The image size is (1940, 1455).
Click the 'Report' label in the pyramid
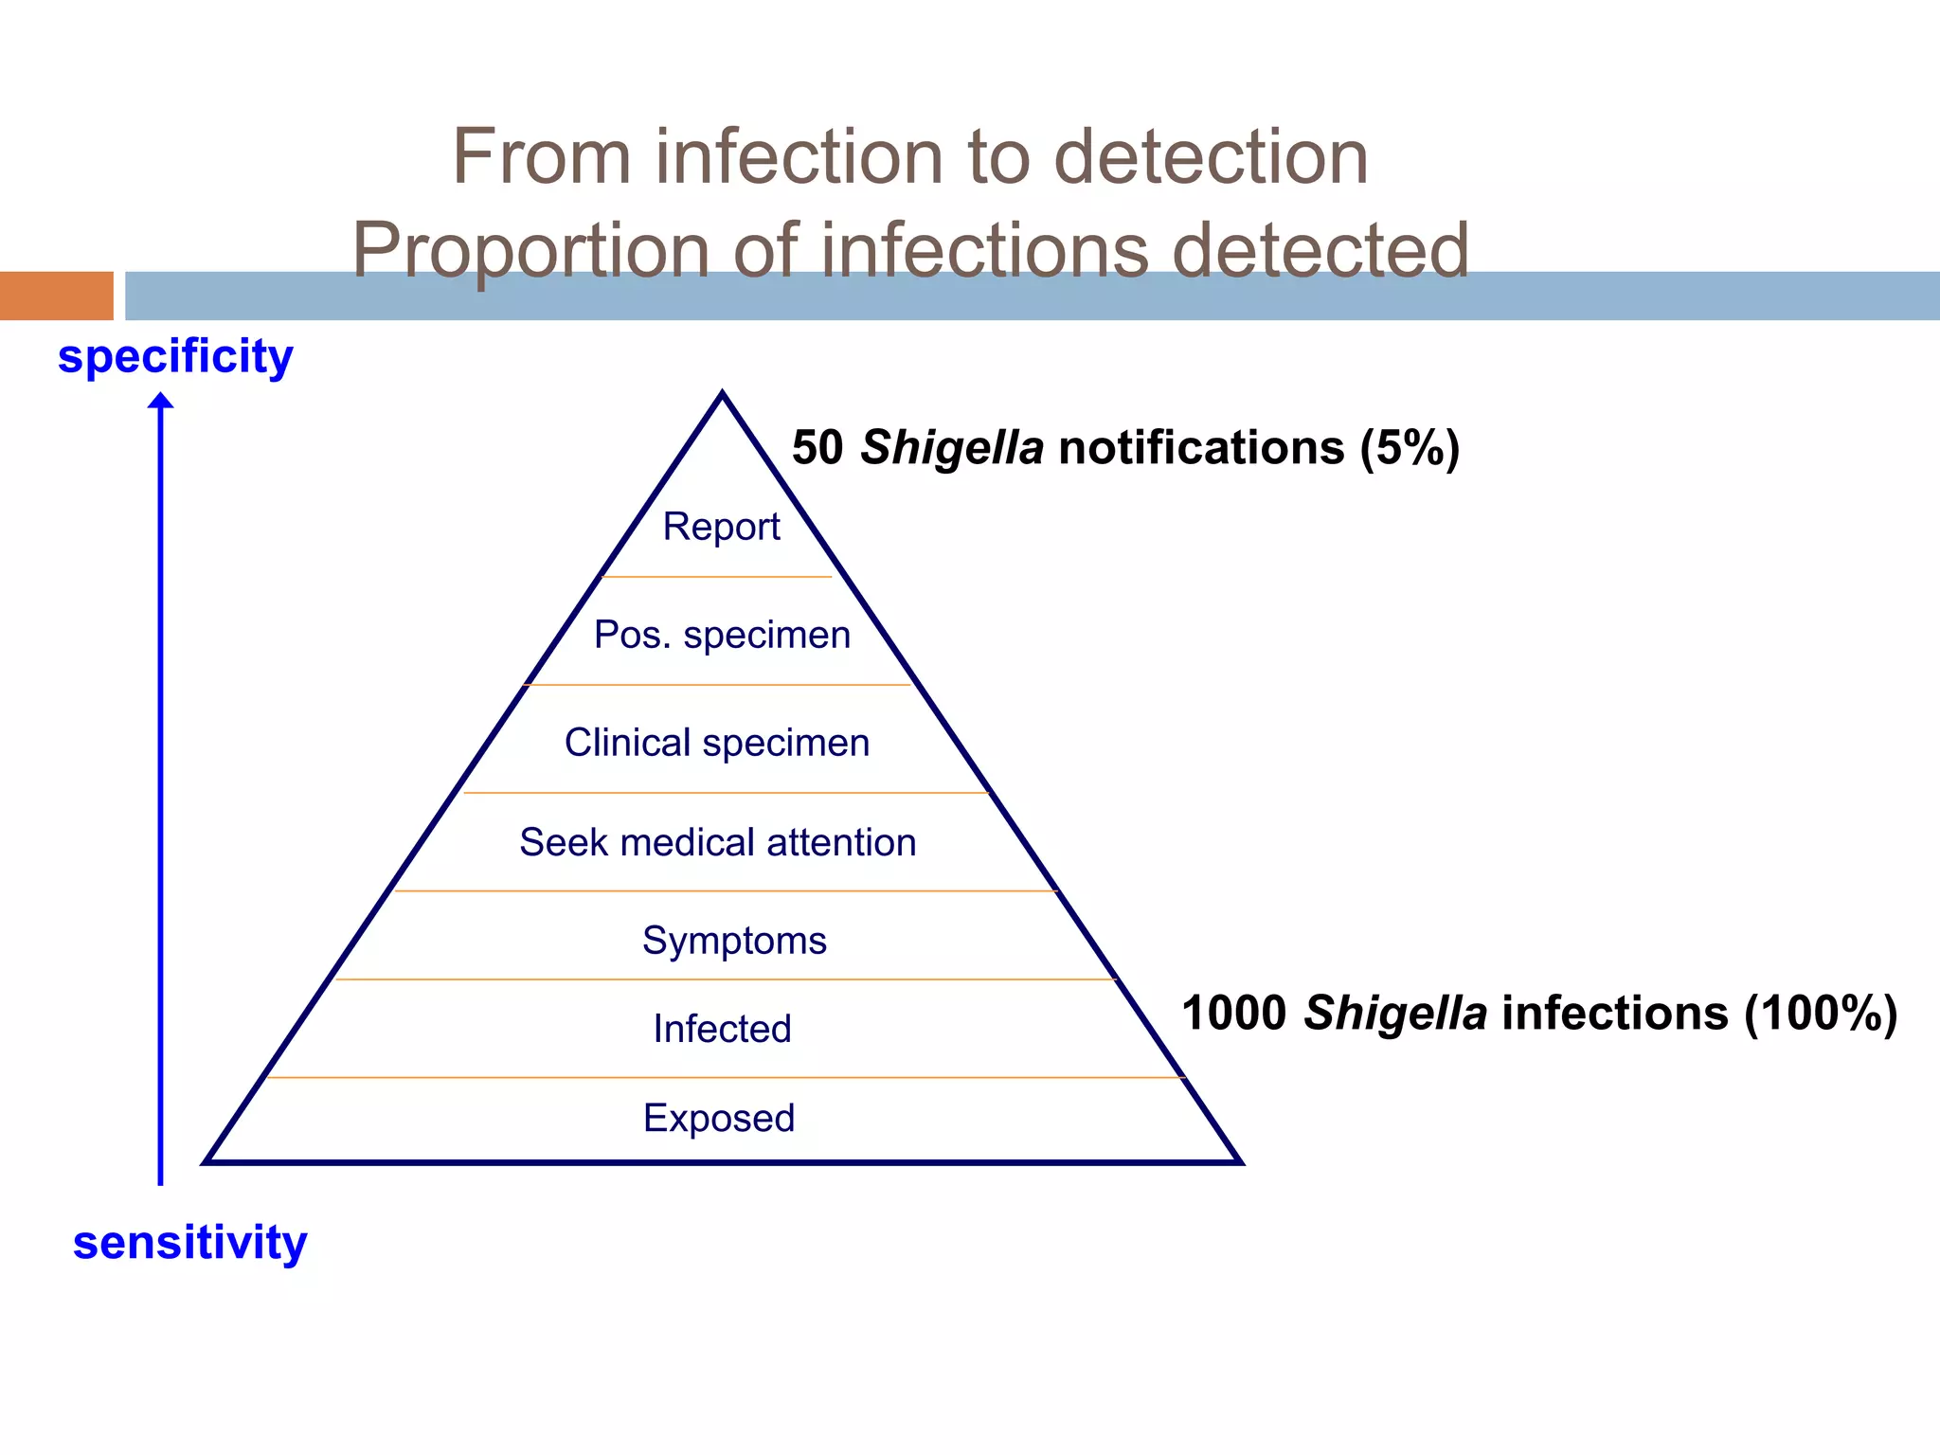pos(721,527)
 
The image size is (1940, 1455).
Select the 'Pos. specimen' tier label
pos(722,636)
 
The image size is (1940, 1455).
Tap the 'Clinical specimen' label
pos(717,744)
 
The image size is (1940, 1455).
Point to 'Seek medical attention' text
pos(718,842)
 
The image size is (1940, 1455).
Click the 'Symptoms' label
pos(734,941)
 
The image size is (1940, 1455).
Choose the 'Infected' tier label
pos(722,1029)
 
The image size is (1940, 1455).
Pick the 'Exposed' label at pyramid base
pos(719,1118)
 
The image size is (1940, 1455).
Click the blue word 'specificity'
pos(175,357)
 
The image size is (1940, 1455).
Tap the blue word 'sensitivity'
pos(190,1242)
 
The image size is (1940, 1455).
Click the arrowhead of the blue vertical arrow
pos(161,402)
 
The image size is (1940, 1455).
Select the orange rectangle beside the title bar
pos(56,296)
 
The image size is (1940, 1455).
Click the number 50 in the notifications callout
pos(817,447)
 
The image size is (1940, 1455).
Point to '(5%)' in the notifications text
pos(1410,447)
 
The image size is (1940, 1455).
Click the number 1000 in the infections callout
pos(1233,1013)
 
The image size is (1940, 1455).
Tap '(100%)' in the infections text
pos(1821,1013)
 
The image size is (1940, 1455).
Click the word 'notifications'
pos(1201,447)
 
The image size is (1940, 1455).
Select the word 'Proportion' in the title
pos(530,250)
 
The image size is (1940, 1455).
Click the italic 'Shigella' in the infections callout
pos(1395,1013)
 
